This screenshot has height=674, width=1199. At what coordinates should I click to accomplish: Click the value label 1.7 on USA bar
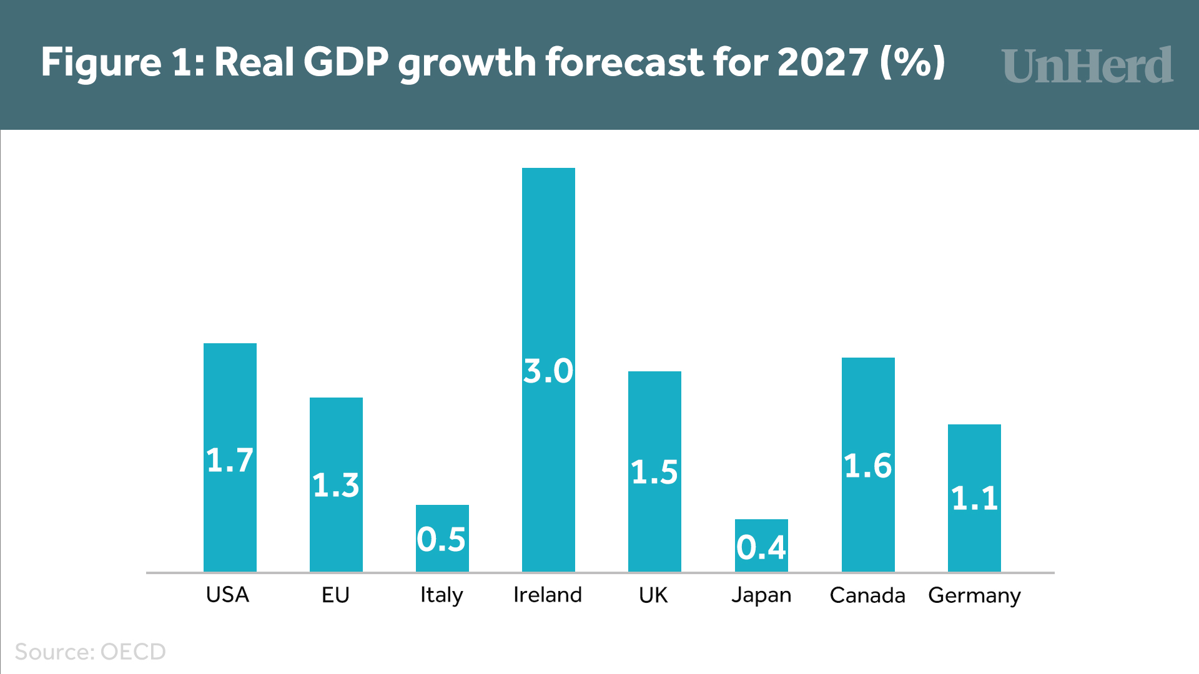pos(230,461)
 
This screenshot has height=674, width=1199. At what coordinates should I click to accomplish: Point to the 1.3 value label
pos(336,485)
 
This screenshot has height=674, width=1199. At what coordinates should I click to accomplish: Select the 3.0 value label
pos(548,371)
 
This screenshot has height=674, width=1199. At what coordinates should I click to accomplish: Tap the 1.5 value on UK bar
pos(654,472)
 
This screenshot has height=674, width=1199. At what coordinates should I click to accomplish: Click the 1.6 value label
pos(868,466)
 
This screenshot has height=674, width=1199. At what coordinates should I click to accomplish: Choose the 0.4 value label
pos(761,547)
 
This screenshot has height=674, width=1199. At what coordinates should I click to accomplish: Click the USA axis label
pos(228,595)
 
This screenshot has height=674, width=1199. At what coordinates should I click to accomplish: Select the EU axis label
pos(335,595)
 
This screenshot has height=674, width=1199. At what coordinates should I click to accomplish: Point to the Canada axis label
pos(867,595)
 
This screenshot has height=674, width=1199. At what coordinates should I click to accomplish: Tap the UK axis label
pos(653,595)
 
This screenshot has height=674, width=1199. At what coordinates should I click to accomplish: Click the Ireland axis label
pos(548,595)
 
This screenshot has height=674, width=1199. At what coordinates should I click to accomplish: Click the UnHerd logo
pos(1087,65)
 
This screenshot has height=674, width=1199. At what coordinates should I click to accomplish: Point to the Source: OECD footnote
pos(91,652)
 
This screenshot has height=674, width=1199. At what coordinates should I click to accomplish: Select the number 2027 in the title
pos(822,62)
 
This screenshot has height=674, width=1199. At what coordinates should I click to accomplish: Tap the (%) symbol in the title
pos(912,62)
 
